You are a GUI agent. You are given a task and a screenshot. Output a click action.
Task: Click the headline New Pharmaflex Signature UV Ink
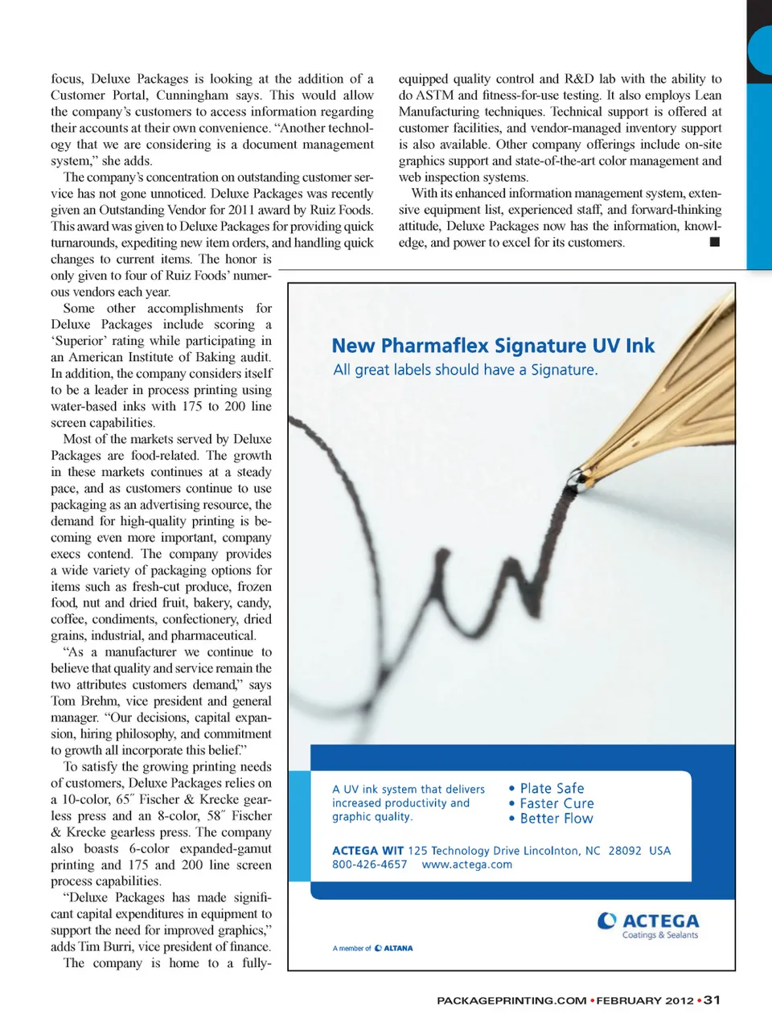click(493, 346)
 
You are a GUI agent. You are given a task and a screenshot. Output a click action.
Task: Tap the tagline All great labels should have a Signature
click(466, 370)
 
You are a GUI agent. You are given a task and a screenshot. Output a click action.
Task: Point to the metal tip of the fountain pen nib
click(574, 482)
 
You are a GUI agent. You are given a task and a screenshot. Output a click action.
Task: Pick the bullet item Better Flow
click(556, 819)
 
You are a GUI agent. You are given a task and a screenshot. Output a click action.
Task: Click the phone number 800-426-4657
click(369, 865)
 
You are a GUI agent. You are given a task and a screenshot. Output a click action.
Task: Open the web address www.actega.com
click(466, 865)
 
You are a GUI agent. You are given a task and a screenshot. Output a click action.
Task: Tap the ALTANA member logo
click(394, 949)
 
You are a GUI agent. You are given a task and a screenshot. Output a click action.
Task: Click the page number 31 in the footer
click(712, 1000)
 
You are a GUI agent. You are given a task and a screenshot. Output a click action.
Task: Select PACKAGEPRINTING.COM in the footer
click(511, 1001)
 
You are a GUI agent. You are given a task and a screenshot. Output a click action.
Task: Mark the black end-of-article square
click(715, 242)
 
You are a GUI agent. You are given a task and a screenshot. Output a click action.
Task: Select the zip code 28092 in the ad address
click(625, 851)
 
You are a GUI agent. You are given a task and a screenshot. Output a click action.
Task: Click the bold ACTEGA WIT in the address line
click(368, 851)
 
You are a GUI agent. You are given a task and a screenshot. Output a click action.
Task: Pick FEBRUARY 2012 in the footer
click(644, 1001)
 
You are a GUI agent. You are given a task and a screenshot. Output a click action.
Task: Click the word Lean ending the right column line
click(708, 96)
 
